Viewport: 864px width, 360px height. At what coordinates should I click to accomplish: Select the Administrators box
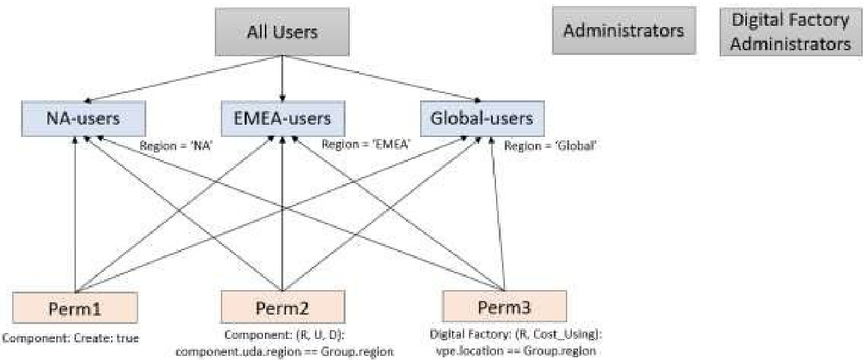point(623,31)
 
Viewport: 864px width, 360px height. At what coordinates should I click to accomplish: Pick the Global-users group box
point(480,119)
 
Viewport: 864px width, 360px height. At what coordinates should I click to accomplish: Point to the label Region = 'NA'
point(176,144)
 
